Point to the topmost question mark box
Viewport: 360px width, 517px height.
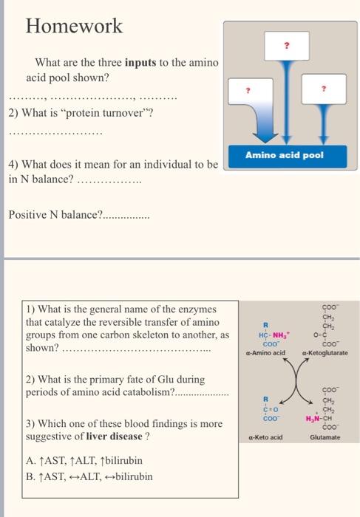(285, 44)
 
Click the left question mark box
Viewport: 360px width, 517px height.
(249, 89)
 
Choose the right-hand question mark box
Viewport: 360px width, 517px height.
(322, 89)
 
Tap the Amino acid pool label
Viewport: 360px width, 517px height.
(285, 156)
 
